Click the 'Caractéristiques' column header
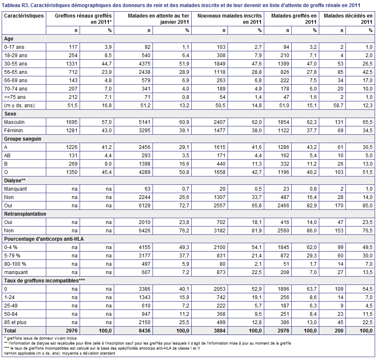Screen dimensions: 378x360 (24, 16)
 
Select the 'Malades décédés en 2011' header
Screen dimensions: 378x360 (348, 19)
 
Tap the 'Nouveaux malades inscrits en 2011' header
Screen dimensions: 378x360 (230, 19)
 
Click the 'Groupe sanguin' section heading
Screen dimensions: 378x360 (23, 139)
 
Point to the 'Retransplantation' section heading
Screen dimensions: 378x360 (25, 214)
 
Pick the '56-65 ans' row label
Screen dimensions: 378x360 (16, 72)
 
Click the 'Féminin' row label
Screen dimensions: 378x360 (13, 131)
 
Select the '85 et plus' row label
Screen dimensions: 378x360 (15, 322)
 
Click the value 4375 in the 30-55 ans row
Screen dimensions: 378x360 (145, 64)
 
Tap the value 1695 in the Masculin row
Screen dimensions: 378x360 (72, 122)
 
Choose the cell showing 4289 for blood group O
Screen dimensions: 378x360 (145, 172)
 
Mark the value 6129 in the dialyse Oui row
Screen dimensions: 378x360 (145, 206)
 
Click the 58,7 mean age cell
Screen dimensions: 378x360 (338, 106)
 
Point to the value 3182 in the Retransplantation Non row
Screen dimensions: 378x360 (220, 231)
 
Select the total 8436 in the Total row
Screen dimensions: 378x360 (145, 331)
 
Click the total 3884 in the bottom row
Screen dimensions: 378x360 (220, 331)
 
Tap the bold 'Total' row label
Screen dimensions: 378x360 (10, 331)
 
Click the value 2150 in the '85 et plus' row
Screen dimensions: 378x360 (145, 322)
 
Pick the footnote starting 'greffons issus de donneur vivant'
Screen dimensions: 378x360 (40, 338)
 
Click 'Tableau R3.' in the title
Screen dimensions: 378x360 (15, 5)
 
